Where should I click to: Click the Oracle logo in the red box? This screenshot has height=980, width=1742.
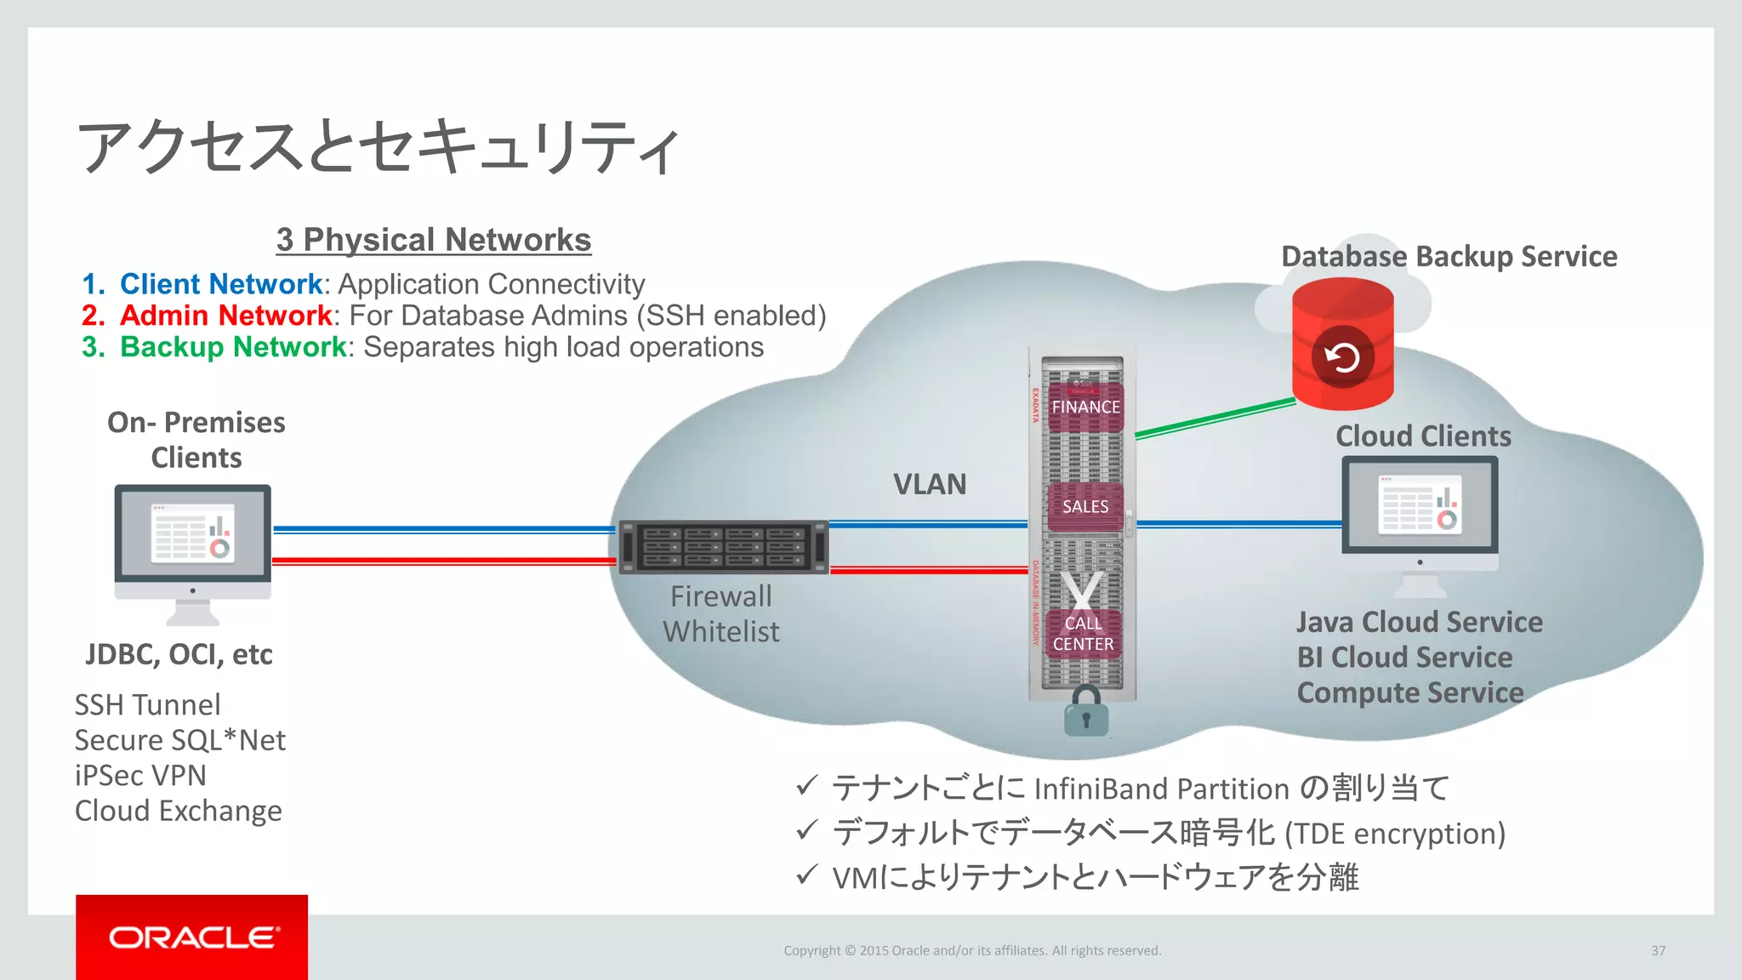pos(192,937)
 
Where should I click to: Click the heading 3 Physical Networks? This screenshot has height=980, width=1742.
pos(434,240)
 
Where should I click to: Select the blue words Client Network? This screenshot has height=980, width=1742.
pos(221,284)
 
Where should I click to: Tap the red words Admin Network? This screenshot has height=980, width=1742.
pos(225,316)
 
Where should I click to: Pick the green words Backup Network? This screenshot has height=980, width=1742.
pos(233,347)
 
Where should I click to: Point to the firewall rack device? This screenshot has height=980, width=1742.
pos(723,547)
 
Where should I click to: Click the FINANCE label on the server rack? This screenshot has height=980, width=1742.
pos(1085,407)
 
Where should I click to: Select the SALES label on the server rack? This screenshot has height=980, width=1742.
pos(1085,507)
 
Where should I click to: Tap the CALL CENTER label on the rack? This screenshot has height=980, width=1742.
pos(1083,634)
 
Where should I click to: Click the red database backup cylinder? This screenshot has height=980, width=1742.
pos(1342,345)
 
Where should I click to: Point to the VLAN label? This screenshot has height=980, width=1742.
pos(930,485)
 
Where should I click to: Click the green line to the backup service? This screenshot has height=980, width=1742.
pos(1216,418)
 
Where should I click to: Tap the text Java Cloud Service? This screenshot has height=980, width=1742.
pos(1419,623)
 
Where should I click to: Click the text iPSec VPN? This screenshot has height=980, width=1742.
pos(140,776)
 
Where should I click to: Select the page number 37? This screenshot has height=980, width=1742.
pos(1658,951)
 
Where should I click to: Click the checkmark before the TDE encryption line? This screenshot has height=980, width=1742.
pos(806,829)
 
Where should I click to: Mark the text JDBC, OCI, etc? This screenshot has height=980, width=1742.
pos(179,655)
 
